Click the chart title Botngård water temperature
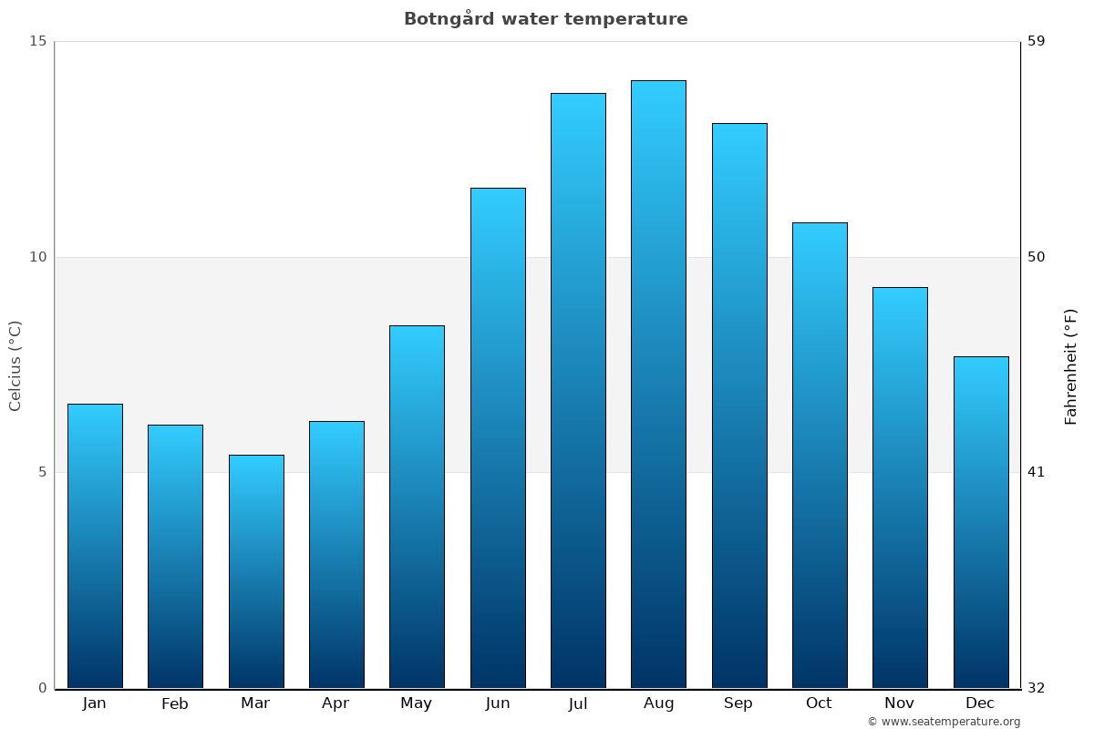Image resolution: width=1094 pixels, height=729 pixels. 545,19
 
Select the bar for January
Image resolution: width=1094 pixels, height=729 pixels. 95,546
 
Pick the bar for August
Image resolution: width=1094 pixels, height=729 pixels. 658,384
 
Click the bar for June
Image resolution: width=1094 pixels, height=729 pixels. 498,437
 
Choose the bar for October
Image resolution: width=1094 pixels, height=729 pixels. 820,455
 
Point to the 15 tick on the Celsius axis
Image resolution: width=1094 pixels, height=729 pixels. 37,41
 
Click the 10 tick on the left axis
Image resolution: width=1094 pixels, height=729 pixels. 37,257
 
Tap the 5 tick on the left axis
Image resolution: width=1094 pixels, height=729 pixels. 42,472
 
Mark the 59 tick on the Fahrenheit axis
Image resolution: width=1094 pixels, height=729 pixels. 1037,41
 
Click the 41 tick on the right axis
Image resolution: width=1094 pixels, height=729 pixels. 1037,472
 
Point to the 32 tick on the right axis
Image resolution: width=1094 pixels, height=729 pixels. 1037,688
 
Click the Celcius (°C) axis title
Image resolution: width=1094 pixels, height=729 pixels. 15,365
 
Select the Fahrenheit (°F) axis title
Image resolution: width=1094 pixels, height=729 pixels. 1071,365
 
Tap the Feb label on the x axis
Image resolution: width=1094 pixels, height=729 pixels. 175,703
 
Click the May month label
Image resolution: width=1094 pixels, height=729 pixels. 417,703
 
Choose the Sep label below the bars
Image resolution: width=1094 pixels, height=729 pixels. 738,703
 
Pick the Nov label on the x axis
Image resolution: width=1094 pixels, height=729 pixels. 900,703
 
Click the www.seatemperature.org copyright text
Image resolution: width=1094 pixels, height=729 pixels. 944,722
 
